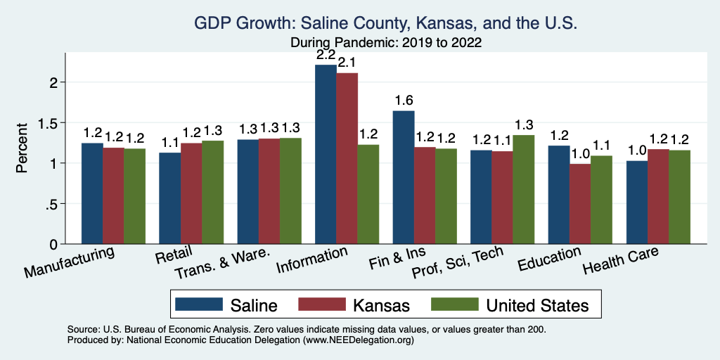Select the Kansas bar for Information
(347, 159)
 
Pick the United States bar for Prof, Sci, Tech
(523, 190)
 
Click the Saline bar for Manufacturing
(92, 193)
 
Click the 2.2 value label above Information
(326, 54)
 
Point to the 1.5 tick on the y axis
(51, 123)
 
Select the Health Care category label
(621, 266)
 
